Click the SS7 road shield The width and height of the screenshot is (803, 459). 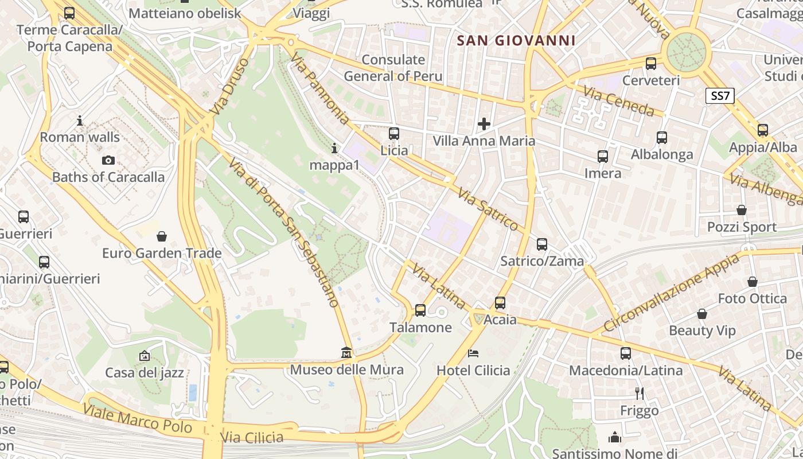720,96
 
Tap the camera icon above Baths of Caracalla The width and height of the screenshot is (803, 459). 108,160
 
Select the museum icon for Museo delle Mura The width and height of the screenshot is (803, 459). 346,352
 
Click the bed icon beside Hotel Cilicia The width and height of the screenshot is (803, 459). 473,353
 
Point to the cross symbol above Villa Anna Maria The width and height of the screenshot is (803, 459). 484,123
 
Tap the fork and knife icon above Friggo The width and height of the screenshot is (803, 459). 640,393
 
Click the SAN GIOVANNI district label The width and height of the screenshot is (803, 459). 516,40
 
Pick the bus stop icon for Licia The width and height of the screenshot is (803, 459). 394,134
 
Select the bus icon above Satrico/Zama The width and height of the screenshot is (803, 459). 542,244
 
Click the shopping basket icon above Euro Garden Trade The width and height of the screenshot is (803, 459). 162,236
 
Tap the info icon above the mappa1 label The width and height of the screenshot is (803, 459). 334,149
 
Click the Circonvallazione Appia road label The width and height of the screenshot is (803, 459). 671,293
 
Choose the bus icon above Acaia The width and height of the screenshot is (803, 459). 500,302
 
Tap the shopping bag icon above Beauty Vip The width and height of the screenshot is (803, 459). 701,314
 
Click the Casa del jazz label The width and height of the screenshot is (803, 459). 145,372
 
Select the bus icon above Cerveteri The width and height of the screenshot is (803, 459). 651,64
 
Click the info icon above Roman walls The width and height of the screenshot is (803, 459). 80,120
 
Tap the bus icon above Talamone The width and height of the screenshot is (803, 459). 420,310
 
